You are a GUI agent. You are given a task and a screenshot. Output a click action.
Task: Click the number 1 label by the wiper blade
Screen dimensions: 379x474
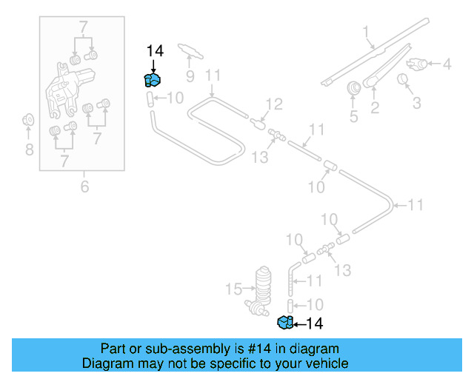(365, 31)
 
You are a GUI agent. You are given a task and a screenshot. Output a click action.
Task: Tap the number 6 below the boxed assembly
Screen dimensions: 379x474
(84, 187)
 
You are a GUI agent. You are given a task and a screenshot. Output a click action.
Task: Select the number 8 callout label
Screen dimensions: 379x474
(29, 151)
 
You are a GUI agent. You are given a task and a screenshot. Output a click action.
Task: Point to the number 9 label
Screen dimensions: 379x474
(189, 76)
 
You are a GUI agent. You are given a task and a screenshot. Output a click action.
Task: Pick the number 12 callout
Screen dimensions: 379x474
(274, 104)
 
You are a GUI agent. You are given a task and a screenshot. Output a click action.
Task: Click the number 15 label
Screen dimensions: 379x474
(234, 287)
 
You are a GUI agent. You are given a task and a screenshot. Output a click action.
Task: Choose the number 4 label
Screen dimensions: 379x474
(447, 64)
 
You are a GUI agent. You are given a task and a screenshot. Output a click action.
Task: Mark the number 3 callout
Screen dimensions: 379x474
(416, 102)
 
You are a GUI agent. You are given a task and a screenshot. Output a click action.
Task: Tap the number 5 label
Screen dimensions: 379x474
(353, 115)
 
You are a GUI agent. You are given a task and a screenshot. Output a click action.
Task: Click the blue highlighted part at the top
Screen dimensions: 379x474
(153, 80)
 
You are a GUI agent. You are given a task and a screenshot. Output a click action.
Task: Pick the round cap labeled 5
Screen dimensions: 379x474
(354, 88)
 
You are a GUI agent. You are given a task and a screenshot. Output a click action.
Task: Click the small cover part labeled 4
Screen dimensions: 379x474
(419, 64)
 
